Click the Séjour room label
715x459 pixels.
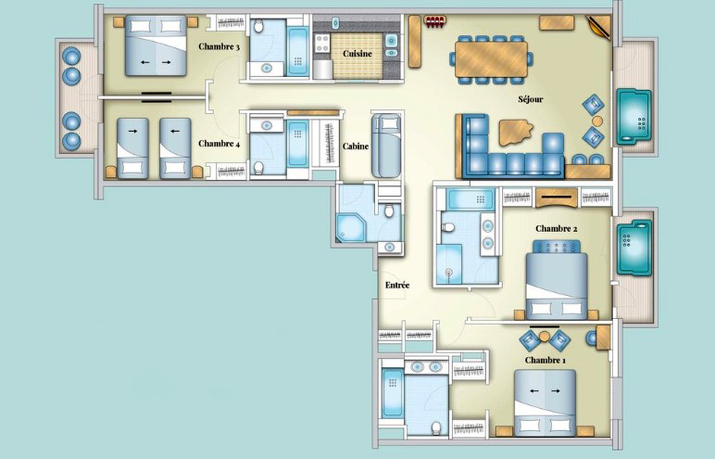tap(531, 99)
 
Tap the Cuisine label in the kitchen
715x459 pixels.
tap(357, 54)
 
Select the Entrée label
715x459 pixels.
tap(397, 285)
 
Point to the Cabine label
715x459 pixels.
tap(356, 147)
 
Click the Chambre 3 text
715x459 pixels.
tap(220, 46)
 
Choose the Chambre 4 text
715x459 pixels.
tap(220, 144)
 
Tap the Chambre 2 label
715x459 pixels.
tap(557, 228)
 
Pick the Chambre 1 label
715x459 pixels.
tap(546, 361)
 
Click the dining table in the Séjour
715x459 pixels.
tap(491, 59)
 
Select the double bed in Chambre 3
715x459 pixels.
tap(156, 45)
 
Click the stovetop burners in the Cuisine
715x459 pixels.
tap(322, 43)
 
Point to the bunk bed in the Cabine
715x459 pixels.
tap(386, 146)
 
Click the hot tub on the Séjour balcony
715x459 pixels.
tap(633, 116)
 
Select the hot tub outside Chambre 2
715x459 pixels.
tap(634, 248)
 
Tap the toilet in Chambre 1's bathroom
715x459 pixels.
tap(436, 428)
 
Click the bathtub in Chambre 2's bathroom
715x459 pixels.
tap(470, 199)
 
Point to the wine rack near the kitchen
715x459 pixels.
tap(434, 20)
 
